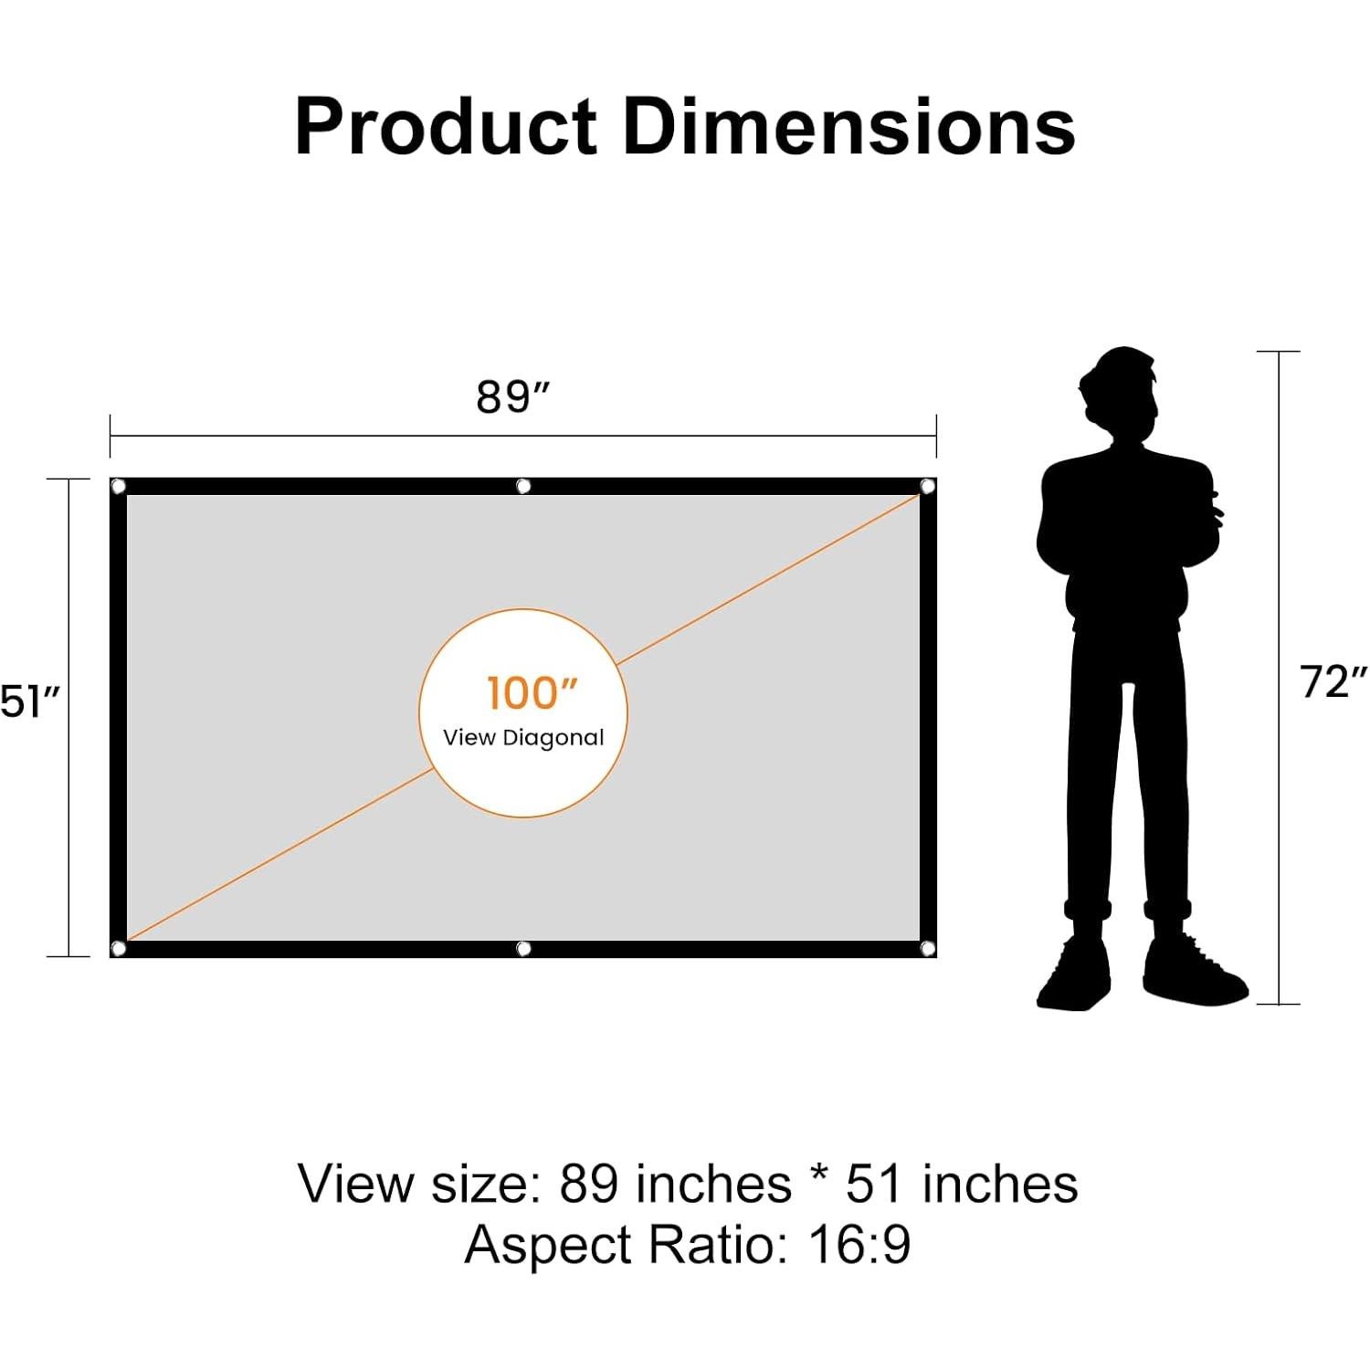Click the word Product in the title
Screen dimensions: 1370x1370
446,128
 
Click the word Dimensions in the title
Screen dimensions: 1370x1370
849,128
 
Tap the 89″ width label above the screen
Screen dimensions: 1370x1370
513,397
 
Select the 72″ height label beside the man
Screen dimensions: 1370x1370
1334,682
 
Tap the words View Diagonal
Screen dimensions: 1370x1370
523,738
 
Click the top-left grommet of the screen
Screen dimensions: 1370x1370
118,487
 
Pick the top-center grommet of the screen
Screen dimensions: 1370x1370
523,486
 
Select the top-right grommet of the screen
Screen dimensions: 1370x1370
927,487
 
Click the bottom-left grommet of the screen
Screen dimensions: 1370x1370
118,948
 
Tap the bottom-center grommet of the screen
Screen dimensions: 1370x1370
523,949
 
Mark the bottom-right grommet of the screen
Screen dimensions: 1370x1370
927,948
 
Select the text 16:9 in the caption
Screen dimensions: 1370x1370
859,1245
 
